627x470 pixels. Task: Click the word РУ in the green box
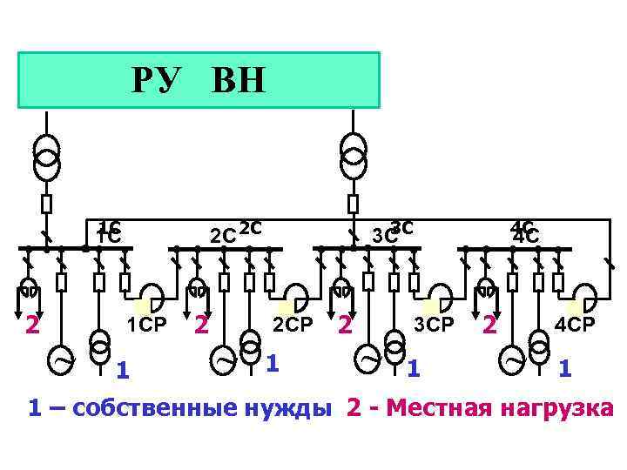pos(158,81)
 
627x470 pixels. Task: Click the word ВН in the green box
pos(238,81)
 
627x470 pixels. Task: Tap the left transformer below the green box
pos(47,153)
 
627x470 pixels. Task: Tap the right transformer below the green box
pos(353,153)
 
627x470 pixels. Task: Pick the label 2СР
pos(292,326)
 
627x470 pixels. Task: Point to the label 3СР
pos(434,326)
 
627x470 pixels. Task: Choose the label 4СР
pos(576,326)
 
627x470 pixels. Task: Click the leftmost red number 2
pos(32,326)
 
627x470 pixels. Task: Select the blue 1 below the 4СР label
pos(565,369)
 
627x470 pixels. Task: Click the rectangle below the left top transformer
pos(47,204)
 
